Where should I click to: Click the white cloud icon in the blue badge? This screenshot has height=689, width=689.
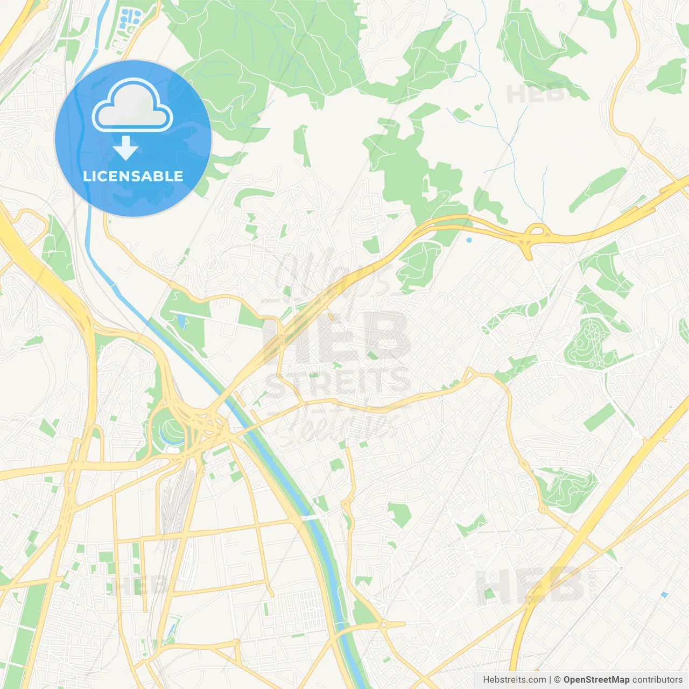(x=132, y=106)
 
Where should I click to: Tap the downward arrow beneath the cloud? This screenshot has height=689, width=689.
(x=126, y=147)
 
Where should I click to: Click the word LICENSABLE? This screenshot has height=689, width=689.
(x=133, y=176)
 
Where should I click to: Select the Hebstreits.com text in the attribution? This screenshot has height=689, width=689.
(x=514, y=680)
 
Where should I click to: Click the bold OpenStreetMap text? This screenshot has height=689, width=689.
(x=596, y=680)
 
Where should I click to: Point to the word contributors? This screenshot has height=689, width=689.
(x=657, y=680)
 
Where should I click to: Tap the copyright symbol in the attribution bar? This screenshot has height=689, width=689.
(x=557, y=680)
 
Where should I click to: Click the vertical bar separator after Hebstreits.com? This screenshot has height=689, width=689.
(x=550, y=680)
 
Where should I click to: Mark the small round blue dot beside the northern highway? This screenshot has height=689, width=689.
(x=469, y=240)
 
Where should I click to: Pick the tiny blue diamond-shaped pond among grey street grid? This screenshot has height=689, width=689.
(x=664, y=595)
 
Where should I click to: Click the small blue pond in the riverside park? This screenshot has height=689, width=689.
(x=181, y=322)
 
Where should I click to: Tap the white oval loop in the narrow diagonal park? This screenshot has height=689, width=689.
(x=533, y=309)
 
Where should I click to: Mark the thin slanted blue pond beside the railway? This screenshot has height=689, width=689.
(x=172, y=628)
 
